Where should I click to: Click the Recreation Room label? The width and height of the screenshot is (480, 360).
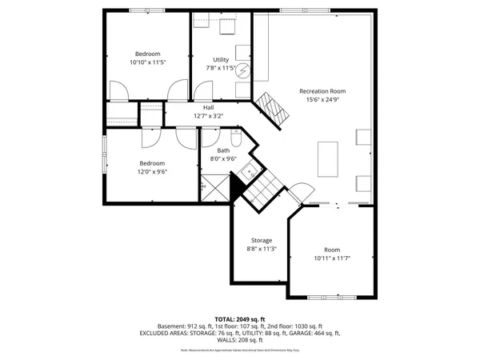pos(322,90)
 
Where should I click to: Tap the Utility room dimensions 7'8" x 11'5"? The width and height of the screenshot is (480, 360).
pos(221,69)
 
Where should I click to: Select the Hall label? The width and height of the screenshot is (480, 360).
pos(208,107)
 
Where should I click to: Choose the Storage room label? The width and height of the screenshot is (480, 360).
pos(261,240)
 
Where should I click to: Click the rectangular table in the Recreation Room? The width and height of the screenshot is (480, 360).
pos(328,158)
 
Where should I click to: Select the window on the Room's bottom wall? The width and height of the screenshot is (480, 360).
pos(333,298)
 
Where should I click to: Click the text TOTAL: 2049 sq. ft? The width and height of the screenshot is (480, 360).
pos(239,318)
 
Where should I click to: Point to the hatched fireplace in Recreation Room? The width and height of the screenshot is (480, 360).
pos(271,109)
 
